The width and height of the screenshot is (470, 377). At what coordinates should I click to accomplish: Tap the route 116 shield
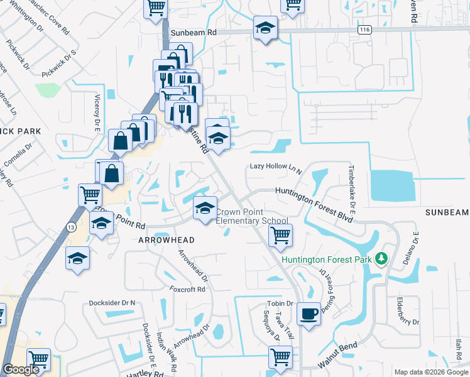[x=364, y=30]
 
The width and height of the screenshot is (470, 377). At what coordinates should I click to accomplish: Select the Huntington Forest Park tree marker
[x=380, y=259]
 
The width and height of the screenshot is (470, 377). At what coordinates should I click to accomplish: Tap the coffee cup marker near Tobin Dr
[x=309, y=314]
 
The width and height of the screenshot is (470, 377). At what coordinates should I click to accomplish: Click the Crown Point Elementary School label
[x=252, y=216]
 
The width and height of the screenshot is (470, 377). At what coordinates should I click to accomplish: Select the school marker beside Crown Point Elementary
[x=204, y=209]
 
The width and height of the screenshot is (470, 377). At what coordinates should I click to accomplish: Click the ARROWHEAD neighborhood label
[x=162, y=240]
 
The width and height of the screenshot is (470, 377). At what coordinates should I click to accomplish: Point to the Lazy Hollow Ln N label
[x=276, y=167]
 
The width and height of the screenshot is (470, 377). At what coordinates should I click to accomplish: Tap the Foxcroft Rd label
[x=187, y=290]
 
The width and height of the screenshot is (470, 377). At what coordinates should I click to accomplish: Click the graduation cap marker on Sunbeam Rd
[x=266, y=28]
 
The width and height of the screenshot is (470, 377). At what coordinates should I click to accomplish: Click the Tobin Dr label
[x=280, y=303]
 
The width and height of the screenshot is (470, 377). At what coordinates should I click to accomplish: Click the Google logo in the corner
[x=21, y=370]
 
